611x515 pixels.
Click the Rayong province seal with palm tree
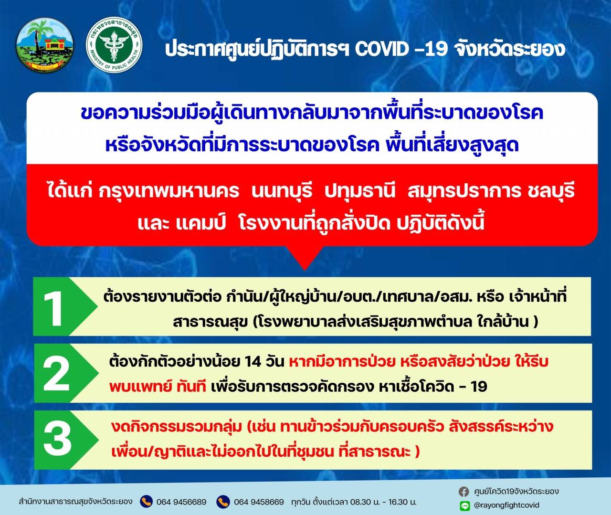[45, 45]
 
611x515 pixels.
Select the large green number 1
[53, 308]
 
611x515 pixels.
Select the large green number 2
[56, 375]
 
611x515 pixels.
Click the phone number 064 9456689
[181, 502]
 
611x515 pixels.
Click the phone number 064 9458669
[259, 502]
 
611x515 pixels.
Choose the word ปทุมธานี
[360, 192]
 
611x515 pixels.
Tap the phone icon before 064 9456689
[146, 502]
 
